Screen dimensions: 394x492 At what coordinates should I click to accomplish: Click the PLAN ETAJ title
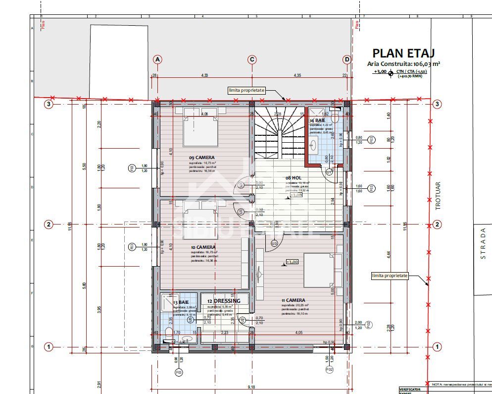click(403, 54)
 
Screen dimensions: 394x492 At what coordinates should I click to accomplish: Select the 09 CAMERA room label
click(201, 158)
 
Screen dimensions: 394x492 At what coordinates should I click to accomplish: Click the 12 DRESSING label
click(224, 301)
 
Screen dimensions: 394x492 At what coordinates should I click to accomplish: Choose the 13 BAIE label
click(180, 302)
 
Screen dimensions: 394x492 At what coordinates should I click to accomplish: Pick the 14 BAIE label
click(318, 120)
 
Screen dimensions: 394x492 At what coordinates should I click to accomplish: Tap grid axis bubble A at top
click(157, 59)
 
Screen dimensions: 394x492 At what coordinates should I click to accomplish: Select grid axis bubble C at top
click(252, 59)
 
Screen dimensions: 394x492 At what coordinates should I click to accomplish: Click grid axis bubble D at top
click(347, 59)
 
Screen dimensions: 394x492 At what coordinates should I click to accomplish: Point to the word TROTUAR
click(438, 199)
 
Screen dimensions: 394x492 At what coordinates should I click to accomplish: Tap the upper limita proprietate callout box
click(247, 91)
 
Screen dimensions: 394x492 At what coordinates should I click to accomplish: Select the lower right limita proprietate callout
click(390, 275)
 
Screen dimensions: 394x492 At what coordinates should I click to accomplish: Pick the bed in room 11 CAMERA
click(322, 270)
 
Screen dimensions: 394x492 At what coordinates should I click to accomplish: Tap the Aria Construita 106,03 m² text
click(403, 63)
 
